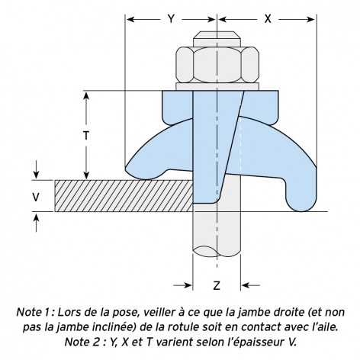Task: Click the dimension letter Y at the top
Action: pyautogui.click(x=171, y=19)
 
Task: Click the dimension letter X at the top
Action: pyautogui.click(x=268, y=19)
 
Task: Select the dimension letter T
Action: pyautogui.click(x=86, y=136)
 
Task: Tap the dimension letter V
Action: pyautogui.click(x=36, y=197)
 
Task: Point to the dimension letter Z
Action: pyautogui.click(x=217, y=286)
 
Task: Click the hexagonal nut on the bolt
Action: pyautogui.click(x=217, y=65)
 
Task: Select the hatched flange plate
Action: pyautogui.click(x=124, y=196)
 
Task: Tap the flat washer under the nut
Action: pyautogui.click(x=217, y=87)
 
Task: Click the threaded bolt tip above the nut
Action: pyautogui.click(x=217, y=39)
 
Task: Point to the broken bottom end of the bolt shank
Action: pyautogui.click(x=217, y=251)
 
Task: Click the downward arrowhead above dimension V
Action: pyautogui.click(x=37, y=175)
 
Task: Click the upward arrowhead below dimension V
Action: pyautogui.click(x=37, y=218)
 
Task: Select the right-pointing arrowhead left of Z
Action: pyautogui.click(x=187, y=285)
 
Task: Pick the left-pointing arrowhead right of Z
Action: pyautogui.click(x=246, y=285)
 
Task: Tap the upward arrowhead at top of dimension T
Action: pyautogui.click(x=86, y=97)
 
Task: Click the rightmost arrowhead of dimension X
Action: pyautogui.click(x=310, y=19)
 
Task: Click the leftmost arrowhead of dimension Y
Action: pyautogui.click(x=131, y=19)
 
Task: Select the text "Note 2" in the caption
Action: pyautogui.click(x=82, y=342)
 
